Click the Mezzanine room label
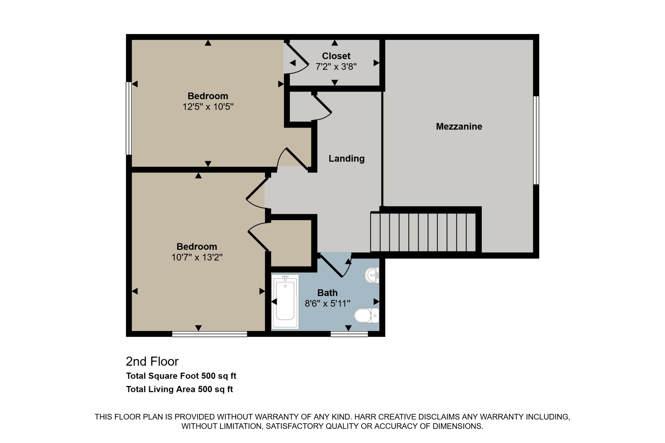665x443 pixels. tap(459, 127)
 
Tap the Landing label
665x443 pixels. tap(346, 159)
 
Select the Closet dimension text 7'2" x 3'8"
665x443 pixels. tap(336, 67)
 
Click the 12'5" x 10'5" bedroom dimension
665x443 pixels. tap(208, 107)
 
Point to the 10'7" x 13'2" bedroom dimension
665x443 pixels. tap(197, 257)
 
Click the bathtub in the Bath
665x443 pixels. tap(285, 301)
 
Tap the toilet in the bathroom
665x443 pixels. tap(366, 316)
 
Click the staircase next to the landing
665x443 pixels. tap(423, 232)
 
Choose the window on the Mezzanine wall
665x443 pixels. tap(536, 140)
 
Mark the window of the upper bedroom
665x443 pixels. tap(129, 118)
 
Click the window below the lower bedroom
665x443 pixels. tap(210, 334)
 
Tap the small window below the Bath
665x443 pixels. tap(349, 334)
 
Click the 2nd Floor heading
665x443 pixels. tap(152, 362)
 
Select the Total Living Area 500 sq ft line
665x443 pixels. tap(179, 389)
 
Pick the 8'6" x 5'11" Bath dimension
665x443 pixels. tap(327, 304)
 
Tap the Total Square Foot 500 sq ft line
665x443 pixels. tap(181, 376)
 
